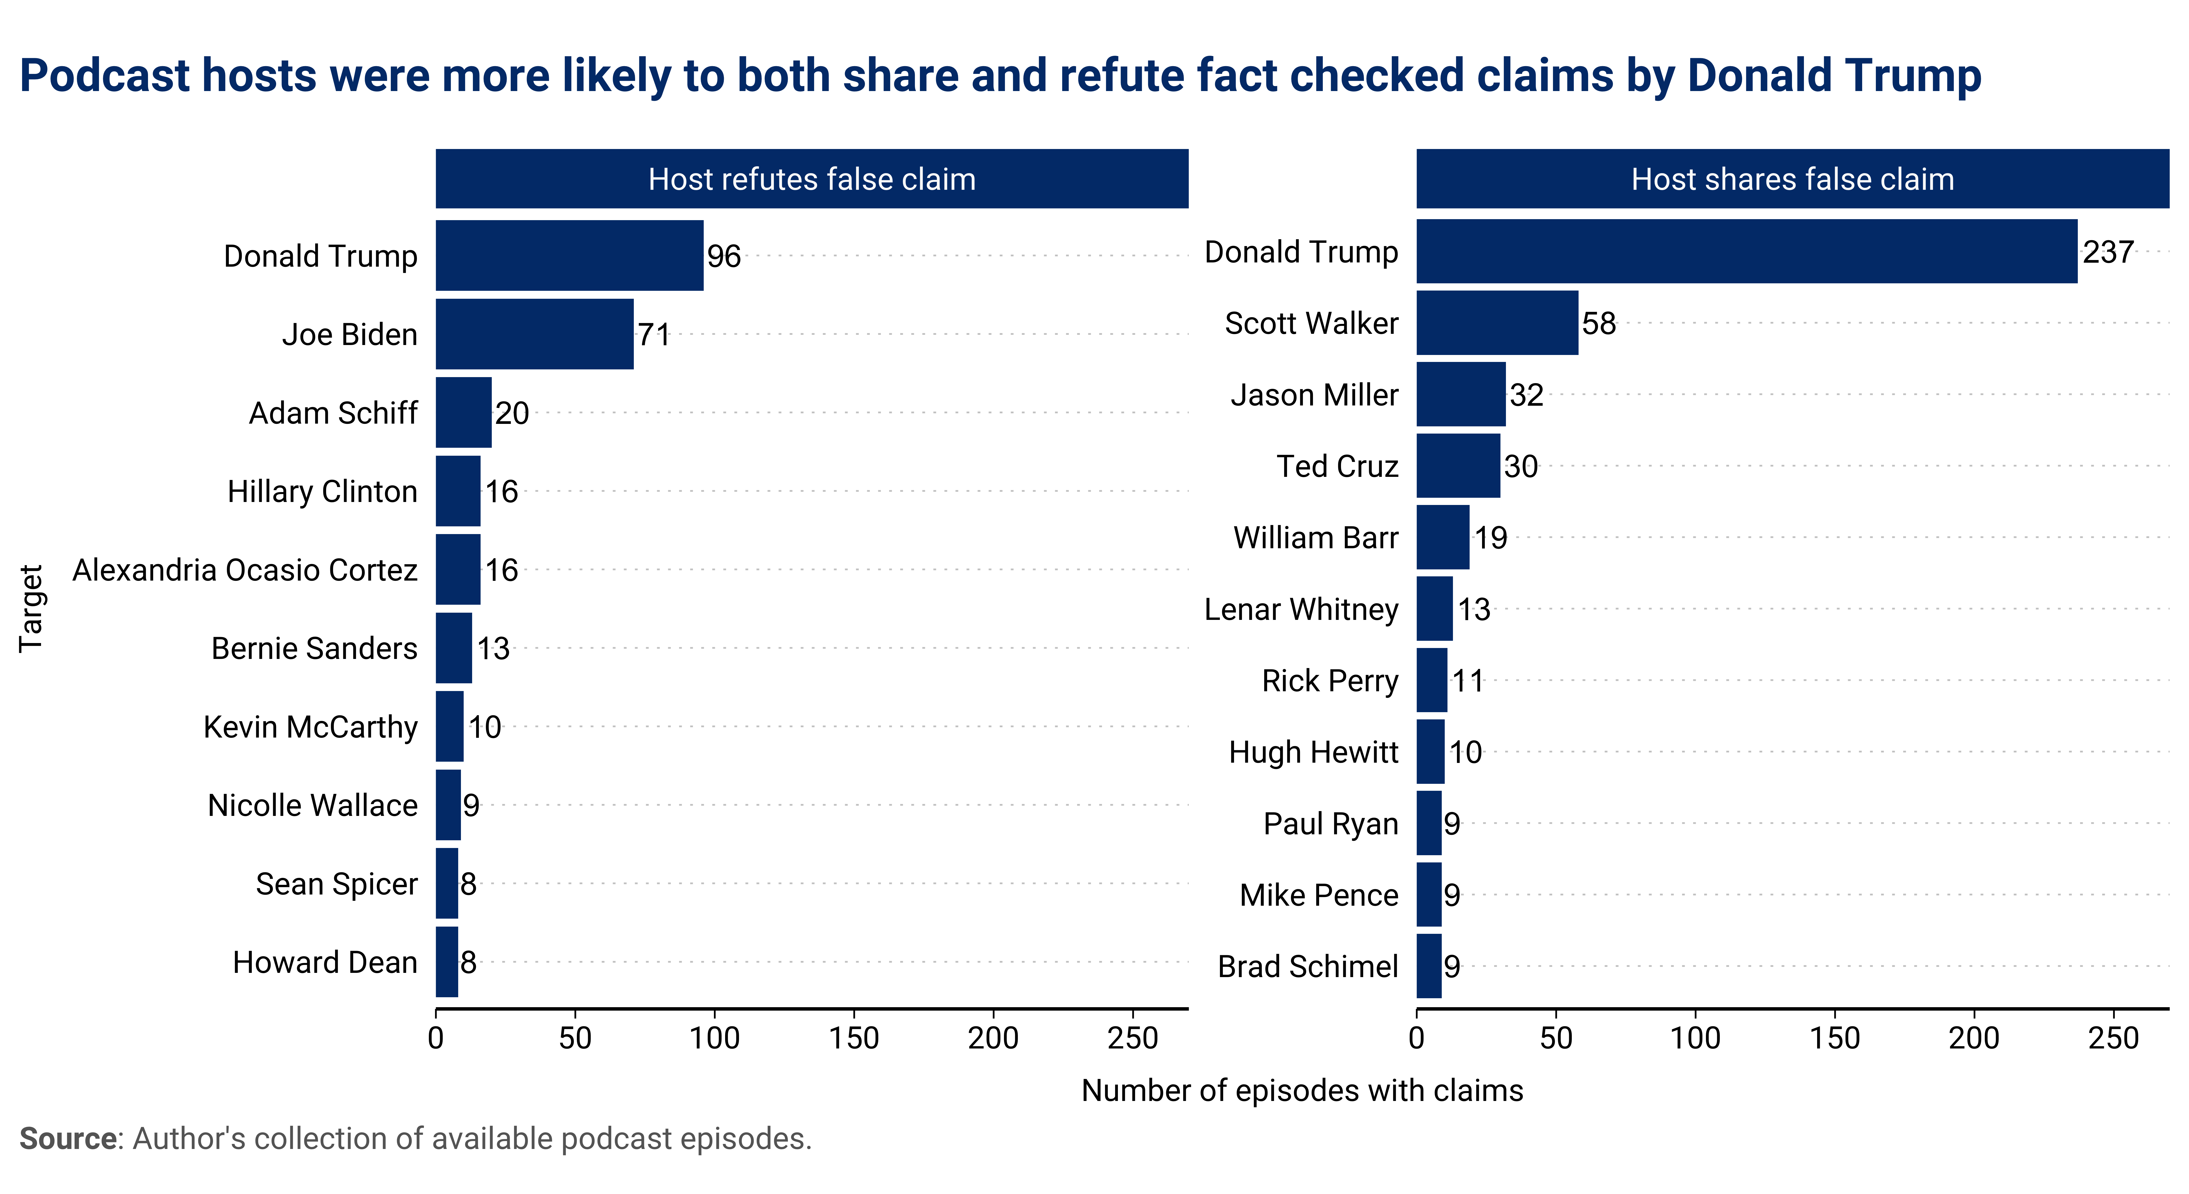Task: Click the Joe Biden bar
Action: [x=535, y=334]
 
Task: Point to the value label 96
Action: [x=724, y=256]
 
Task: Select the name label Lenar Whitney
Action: [x=1301, y=609]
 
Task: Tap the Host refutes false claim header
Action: [x=811, y=179]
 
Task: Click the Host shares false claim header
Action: [x=1792, y=179]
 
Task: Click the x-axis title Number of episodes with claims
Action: [x=1302, y=1090]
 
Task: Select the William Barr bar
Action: [x=1442, y=537]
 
